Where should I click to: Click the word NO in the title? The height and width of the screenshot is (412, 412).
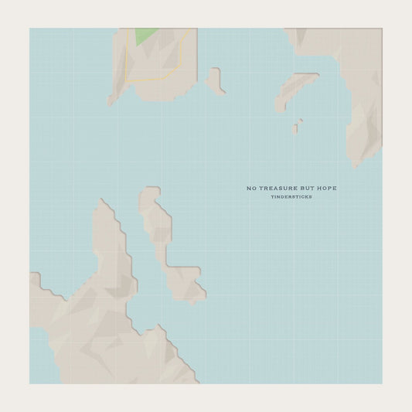click(250, 188)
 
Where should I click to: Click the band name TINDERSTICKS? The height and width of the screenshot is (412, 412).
click(291, 197)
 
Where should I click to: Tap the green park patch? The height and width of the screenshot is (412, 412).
click(145, 35)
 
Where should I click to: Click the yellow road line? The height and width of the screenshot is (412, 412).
click(155, 80)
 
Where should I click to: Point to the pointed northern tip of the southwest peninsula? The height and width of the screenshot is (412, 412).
click(101, 203)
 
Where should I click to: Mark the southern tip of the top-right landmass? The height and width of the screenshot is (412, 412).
click(356, 163)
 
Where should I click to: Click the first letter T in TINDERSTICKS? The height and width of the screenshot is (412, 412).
click(272, 197)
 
